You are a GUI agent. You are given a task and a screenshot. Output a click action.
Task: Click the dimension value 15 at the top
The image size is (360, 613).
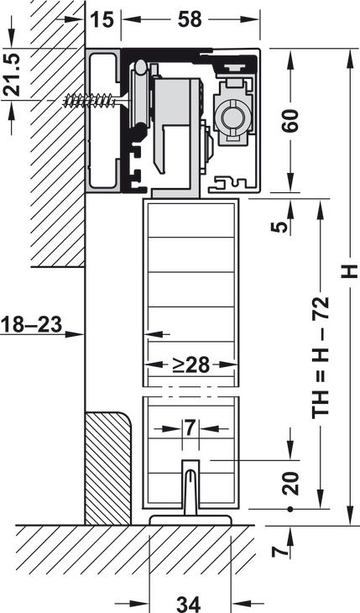pyautogui.click(x=102, y=19)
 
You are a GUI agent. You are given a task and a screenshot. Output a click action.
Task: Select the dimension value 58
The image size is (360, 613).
pyautogui.click(x=190, y=19)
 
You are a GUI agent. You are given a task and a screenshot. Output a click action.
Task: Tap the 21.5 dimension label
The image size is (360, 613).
pyautogui.click(x=13, y=76)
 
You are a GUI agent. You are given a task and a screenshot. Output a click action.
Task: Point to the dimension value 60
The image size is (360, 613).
pyautogui.click(x=291, y=121)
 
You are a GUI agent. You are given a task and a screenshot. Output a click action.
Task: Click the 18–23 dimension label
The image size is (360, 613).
pyautogui.click(x=32, y=324)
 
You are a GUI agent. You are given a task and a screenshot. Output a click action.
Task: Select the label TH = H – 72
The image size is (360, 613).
pyautogui.click(x=320, y=358)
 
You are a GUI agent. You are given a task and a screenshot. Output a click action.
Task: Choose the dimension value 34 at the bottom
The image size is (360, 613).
pyautogui.click(x=189, y=605)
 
